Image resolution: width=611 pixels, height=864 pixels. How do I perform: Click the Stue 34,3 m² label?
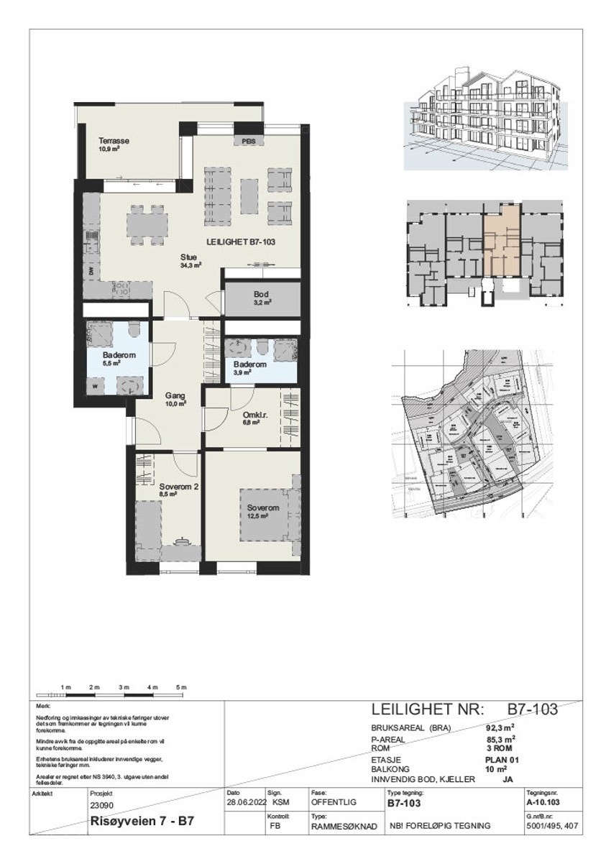pyautogui.click(x=190, y=260)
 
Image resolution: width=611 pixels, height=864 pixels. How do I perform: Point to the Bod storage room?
pyautogui.click(x=260, y=298)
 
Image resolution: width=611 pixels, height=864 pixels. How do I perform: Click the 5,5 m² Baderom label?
pyautogui.click(x=115, y=359)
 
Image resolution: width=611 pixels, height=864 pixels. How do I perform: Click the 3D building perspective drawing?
pyautogui.click(x=485, y=118)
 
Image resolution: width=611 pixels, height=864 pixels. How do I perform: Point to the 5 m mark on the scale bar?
pyautogui.click(x=183, y=689)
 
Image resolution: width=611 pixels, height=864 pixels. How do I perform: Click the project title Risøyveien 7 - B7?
pyautogui.click(x=142, y=820)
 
